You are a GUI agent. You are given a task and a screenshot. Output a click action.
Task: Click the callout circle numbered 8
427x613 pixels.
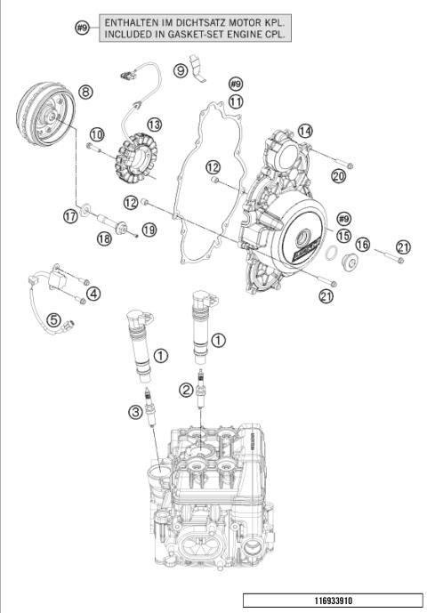tap(85, 91)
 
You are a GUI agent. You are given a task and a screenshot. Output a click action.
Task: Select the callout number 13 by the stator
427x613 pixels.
tap(154, 124)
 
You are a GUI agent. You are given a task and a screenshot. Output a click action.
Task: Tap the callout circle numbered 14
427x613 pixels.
tap(305, 130)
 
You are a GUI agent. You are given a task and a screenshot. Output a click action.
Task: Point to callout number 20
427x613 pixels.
tap(338, 176)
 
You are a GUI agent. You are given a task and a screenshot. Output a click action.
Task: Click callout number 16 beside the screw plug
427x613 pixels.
tap(362, 245)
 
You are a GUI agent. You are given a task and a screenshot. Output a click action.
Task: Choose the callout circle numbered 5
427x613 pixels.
tap(53, 319)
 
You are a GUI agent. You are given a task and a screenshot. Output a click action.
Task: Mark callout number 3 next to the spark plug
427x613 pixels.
tap(133, 411)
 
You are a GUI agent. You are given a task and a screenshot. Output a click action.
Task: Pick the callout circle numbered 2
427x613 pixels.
tap(184, 389)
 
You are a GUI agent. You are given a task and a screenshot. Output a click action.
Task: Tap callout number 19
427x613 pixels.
tap(149, 230)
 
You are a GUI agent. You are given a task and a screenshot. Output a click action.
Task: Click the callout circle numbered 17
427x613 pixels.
tap(70, 215)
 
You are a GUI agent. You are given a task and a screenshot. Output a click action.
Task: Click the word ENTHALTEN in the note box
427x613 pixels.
tap(133, 20)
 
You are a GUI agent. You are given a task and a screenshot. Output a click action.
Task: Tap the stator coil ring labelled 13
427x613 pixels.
tap(143, 152)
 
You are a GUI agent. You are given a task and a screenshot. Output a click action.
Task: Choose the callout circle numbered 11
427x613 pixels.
tap(235, 102)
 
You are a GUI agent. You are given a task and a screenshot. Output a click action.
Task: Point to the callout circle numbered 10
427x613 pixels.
tap(96, 133)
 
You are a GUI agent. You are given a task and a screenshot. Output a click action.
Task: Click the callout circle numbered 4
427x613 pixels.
tap(93, 293)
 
